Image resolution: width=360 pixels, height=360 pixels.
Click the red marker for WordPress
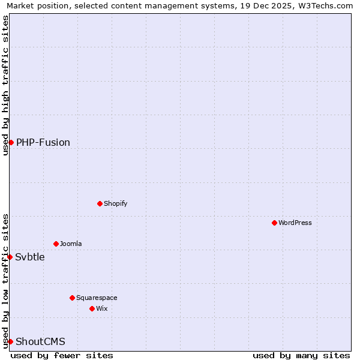[x=274, y=223]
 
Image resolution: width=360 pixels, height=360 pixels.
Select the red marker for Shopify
[x=100, y=203]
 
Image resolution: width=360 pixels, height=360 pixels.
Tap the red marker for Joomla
[x=56, y=244]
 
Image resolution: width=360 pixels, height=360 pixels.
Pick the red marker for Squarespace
[x=72, y=298]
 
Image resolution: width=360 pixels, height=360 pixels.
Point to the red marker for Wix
[x=92, y=308]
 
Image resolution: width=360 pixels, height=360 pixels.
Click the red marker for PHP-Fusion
[x=11, y=142]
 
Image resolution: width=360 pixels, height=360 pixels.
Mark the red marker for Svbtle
[x=10, y=257]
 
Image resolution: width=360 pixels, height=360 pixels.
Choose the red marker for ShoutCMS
[x=10, y=341]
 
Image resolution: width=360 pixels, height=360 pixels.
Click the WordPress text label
[x=295, y=223]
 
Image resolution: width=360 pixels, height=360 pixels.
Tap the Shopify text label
[x=116, y=203]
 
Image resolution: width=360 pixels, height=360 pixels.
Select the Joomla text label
[x=71, y=244]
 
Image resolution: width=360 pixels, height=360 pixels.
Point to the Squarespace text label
[x=97, y=298]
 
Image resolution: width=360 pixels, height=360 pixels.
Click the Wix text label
[x=101, y=308]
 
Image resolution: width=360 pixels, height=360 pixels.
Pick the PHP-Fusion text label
[x=43, y=142]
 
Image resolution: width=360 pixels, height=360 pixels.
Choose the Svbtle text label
[x=30, y=257]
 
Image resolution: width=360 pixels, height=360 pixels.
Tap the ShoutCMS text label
[x=40, y=341]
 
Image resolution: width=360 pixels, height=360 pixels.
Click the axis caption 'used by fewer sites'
[x=62, y=355]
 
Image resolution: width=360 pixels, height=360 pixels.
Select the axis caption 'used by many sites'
[x=301, y=355]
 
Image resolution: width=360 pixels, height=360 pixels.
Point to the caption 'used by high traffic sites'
[x=5, y=85]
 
